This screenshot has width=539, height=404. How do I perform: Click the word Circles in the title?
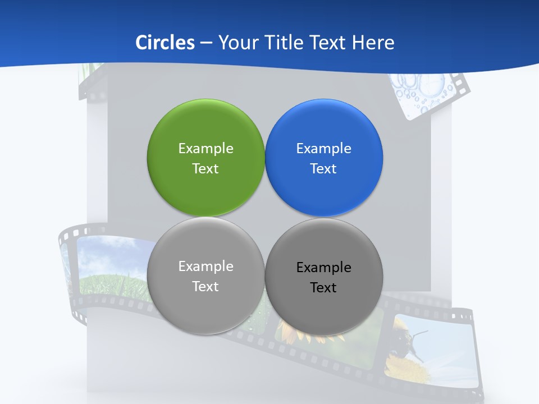tap(165, 43)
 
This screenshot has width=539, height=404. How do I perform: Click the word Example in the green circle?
tap(205, 148)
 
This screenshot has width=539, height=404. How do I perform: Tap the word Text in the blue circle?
tap(323, 168)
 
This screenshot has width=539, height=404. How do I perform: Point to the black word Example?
tap(324, 267)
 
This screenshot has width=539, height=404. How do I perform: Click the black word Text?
tap(323, 287)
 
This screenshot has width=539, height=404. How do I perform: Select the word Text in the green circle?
tap(205, 168)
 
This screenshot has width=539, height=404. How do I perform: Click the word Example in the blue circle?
tap(324, 148)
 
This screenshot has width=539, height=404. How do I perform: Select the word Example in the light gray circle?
tap(205, 266)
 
